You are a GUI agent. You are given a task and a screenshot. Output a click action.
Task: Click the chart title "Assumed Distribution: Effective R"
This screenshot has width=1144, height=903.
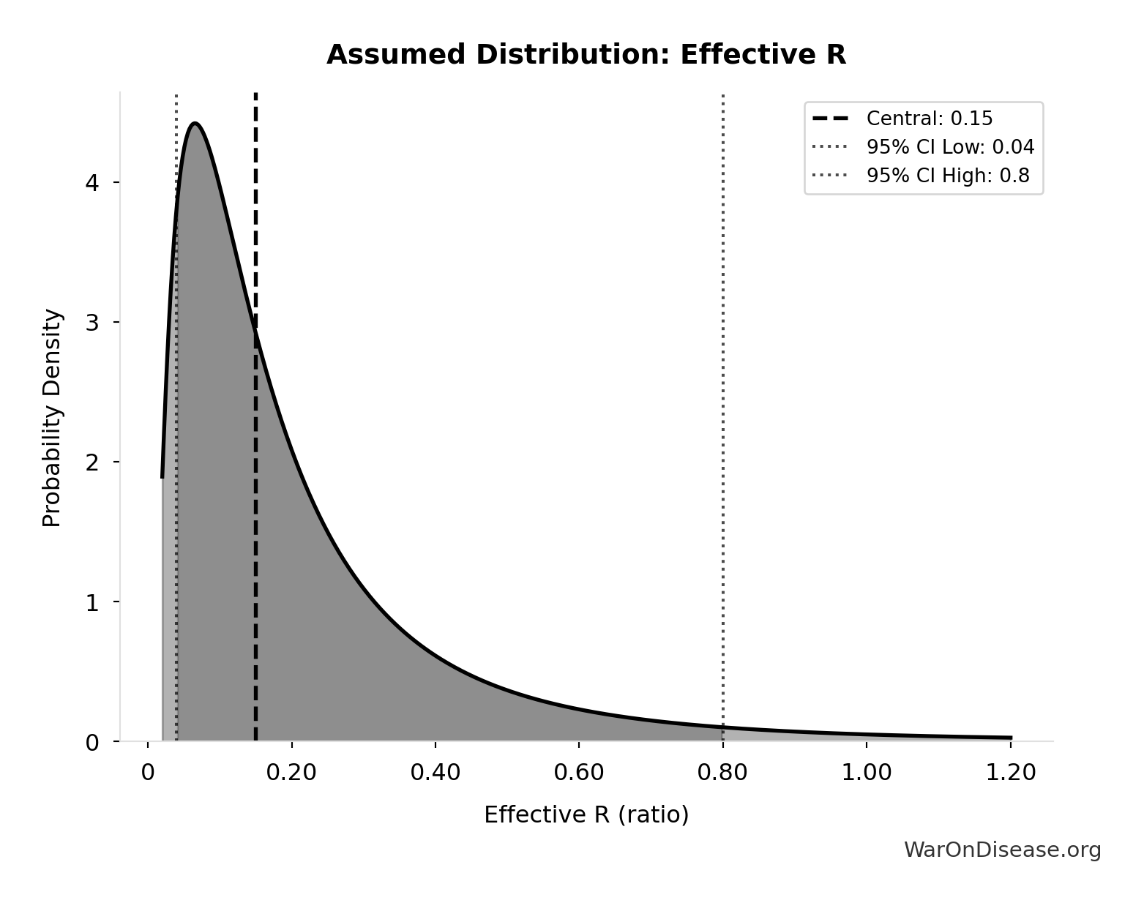pyautogui.click(x=586, y=55)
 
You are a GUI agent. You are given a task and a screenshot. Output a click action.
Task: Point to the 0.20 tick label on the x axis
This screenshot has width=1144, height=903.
pyautogui.click(x=291, y=773)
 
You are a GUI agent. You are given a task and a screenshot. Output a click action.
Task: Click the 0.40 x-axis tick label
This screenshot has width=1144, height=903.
pyautogui.click(x=435, y=773)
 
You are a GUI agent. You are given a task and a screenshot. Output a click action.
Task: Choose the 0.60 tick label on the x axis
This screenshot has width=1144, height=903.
pyautogui.click(x=579, y=773)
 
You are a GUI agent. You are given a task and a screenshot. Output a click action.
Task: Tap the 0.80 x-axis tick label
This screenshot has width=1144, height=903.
pyautogui.click(x=723, y=773)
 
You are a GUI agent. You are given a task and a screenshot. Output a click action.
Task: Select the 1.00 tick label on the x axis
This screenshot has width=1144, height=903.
pyautogui.click(x=867, y=773)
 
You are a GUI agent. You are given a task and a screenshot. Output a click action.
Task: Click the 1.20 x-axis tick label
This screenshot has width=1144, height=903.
pyautogui.click(x=1011, y=773)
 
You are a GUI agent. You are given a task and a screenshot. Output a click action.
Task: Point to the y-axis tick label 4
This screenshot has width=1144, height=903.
pyautogui.click(x=92, y=182)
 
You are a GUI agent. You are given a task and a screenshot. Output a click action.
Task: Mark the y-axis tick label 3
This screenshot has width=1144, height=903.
pyautogui.click(x=92, y=322)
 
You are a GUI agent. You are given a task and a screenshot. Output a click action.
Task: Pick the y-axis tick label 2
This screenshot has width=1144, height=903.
pyautogui.click(x=92, y=462)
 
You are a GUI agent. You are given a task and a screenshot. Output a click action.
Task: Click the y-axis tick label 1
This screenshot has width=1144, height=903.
pyautogui.click(x=92, y=602)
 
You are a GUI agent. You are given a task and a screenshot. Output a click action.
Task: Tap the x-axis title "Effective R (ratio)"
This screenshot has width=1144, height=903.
pyautogui.click(x=586, y=815)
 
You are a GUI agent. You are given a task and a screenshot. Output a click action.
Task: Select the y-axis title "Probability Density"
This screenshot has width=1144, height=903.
pyautogui.click(x=52, y=418)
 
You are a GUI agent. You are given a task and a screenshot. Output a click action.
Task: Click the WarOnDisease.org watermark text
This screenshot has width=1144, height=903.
pyautogui.click(x=1002, y=850)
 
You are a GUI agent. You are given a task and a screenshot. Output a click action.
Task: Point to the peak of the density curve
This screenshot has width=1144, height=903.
pyautogui.click(x=194, y=124)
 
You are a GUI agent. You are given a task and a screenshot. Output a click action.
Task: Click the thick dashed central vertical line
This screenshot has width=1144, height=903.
pyautogui.click(x=255, y=512)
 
